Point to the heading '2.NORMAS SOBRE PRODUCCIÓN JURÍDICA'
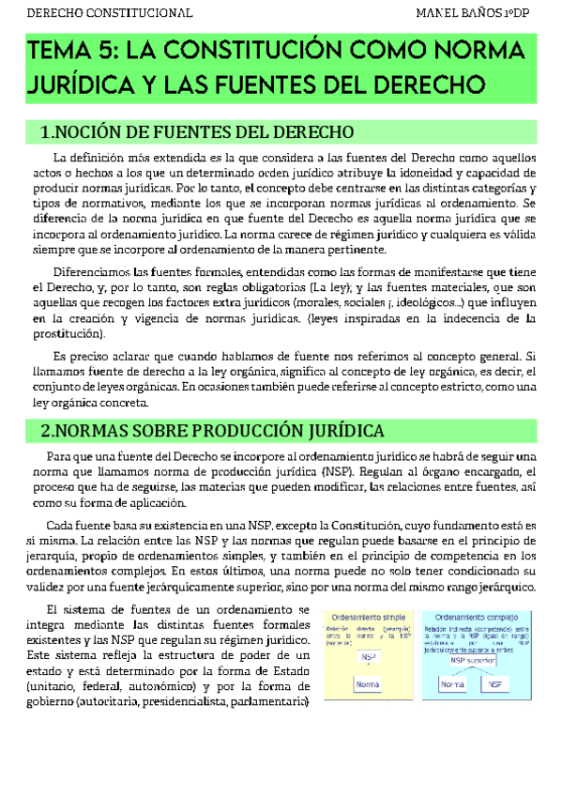(x=212, y=430)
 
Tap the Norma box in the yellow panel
(x=367, y=684)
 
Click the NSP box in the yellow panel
(x=369, y=656)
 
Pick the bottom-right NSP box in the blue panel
(x=495, y=684)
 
